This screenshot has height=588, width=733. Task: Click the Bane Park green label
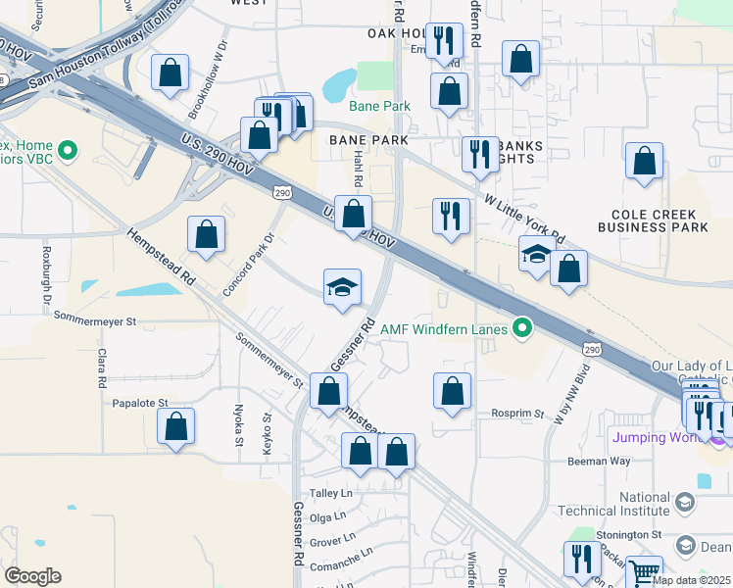[381, 106]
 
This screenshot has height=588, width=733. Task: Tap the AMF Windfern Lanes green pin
[523, 328]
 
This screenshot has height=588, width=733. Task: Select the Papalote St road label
[141, 403]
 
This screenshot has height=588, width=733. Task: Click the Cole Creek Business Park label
[659, 220]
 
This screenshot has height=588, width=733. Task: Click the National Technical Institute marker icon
[684, 504]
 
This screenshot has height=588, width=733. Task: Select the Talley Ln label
[330, 494]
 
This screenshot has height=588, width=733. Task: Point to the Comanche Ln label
[341, 566]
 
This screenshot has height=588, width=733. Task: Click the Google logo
[32, 576]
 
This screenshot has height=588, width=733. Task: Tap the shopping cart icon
[644, 571]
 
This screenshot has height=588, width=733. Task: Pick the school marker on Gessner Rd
[342, 287]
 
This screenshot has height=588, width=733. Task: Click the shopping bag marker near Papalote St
[175, 426]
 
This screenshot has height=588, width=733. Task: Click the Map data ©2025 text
[691, 580]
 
